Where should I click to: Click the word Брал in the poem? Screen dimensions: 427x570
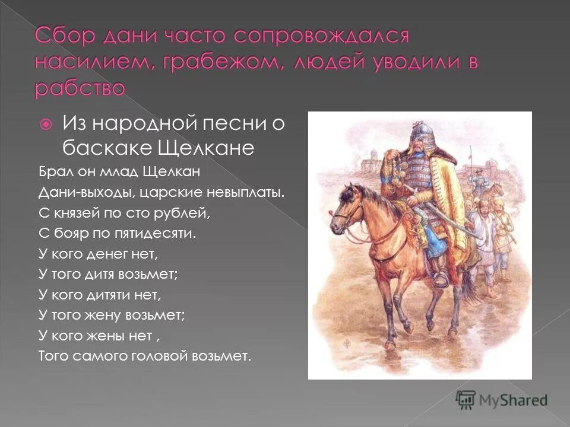coord(53,173)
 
